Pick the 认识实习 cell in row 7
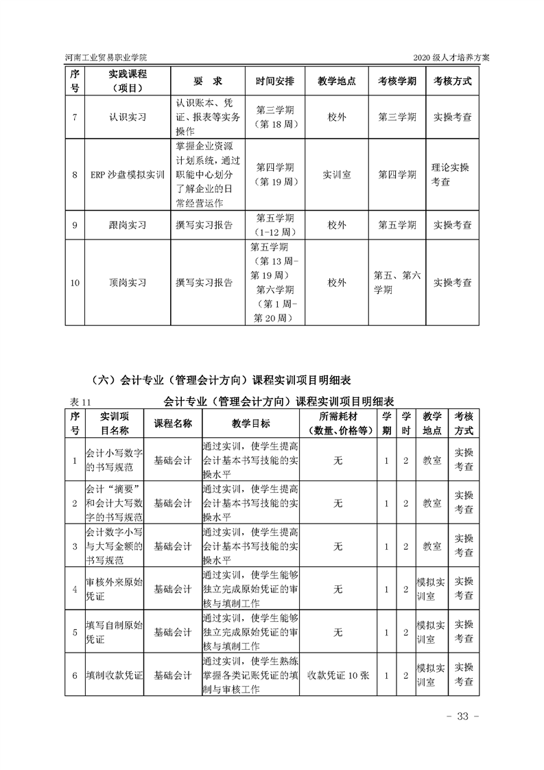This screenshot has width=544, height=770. [128, 117]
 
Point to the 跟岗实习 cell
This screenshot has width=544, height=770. [128, 224]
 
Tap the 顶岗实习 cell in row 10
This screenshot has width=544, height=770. [128, 282]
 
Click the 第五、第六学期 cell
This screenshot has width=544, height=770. [397, 282]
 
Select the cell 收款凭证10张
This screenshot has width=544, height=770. [338, 675]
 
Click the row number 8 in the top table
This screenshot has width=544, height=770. [75, 175]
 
